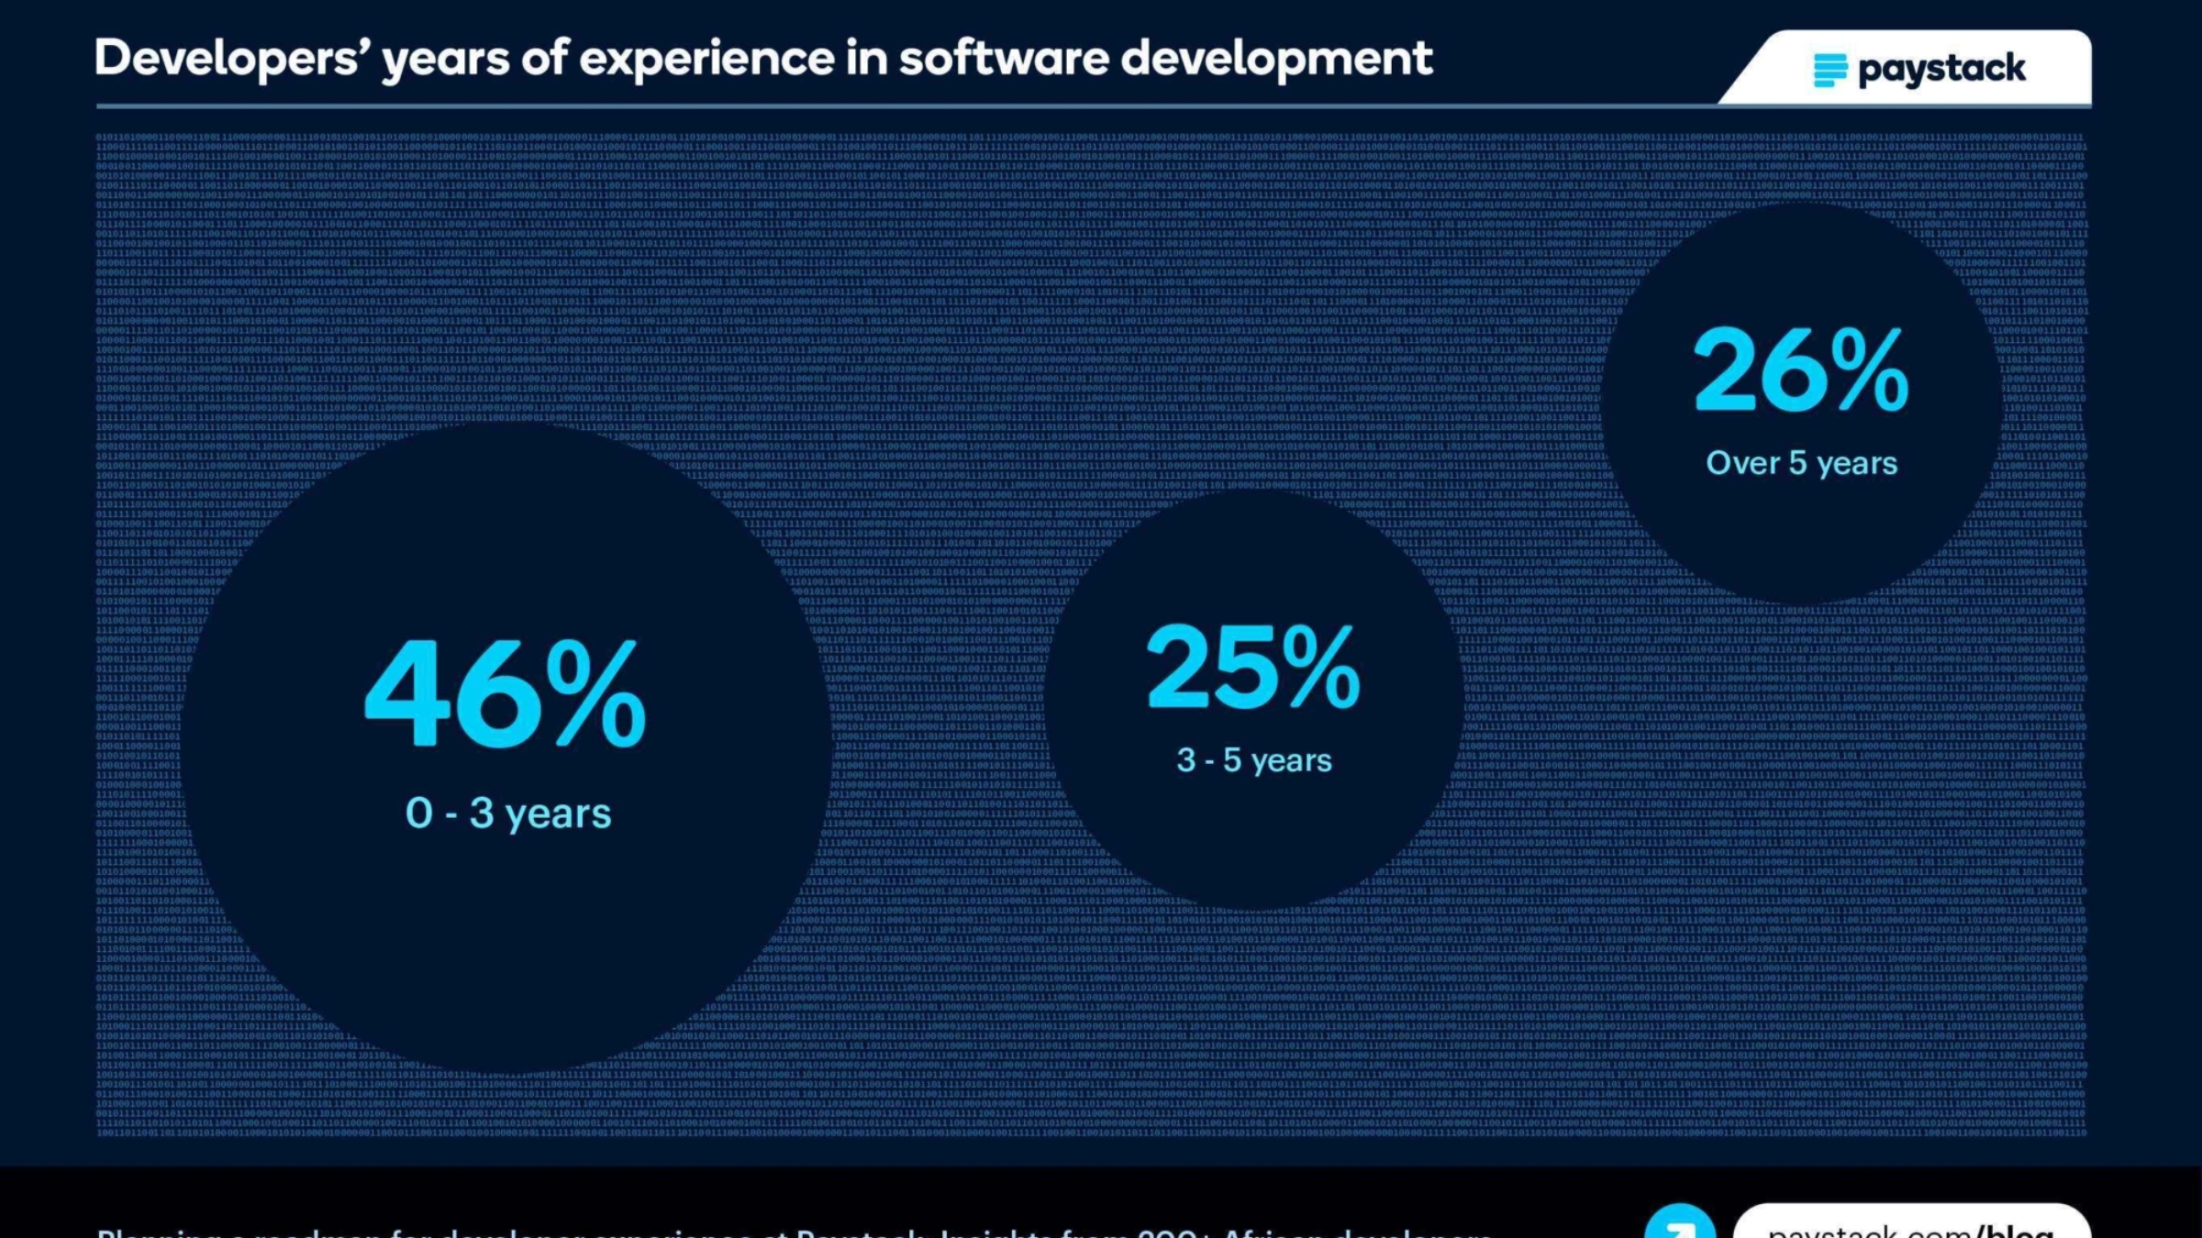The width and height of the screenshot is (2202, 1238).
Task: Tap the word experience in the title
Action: (x=706, y=59)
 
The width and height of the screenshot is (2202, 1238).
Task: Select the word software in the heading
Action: (x=1004, y=59)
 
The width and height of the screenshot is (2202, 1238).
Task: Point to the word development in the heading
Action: (x=1275, y=59)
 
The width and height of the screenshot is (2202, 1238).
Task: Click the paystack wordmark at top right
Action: (x=1941, y=70)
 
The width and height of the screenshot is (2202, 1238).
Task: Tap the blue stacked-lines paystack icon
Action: (x=1829, y=70)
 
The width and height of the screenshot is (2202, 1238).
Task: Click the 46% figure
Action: (x=506, y=694)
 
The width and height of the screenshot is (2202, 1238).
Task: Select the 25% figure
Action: (x=1253, y=667)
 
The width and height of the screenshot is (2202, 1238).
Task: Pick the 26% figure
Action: (x=1800, y=371)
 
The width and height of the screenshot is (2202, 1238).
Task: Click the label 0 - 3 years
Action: (x=508, y=813)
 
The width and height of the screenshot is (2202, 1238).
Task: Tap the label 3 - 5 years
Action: (x=1253, y=760)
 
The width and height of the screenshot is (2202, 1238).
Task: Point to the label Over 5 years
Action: (x=1801, y=463)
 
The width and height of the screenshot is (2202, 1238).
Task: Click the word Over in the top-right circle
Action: (x=1741, y=463)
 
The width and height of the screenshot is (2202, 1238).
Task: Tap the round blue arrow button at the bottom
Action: (x=1680, y=1225)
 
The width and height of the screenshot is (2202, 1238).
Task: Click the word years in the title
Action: (x=445, y=61)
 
